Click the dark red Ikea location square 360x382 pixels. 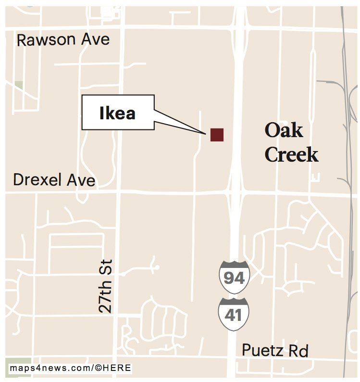pyautogui.click(x=217, y=135)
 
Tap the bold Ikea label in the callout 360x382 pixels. pyautogui.click(x=117, y=113)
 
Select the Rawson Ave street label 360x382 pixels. pyautogui.click(x=63, y=39)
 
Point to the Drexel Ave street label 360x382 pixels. pyautogui.click(x=54, y=180)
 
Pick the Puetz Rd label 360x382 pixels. pyautogui.click(x=274, y=350)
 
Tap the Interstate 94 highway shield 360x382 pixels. pyautogui.click(x=234, y=276)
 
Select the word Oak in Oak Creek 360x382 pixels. pyautogui.click(x=284, y=130)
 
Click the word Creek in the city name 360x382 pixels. pyautogui.click(x=291, y=154)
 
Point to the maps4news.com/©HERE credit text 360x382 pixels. pyautogui.click(x=70, y=368)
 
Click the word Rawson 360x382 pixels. pyautogui.click(x=46, y=39)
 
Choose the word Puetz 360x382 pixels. pyautogui.click(x=262, y=350)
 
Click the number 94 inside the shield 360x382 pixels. pyautogui.click(x=234, y=279)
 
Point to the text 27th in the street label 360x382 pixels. pyautogui.click(x=105, y=299)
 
